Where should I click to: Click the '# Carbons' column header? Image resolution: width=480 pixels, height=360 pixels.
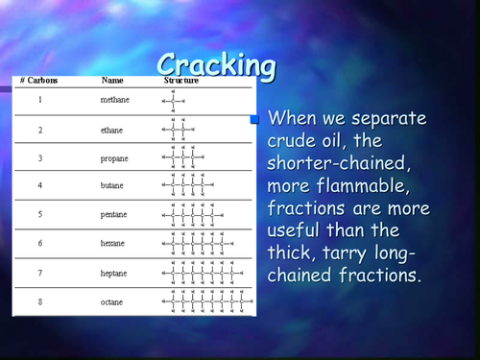pos(39,82)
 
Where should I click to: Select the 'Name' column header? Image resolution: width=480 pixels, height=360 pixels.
pos(112,82)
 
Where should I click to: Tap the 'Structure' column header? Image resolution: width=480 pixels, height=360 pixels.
pos(180,82)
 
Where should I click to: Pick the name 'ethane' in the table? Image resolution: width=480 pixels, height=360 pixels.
pos(113,129)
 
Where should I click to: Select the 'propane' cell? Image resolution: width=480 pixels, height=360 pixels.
pos(114,157)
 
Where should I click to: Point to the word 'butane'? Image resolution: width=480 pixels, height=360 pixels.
pos(113,185)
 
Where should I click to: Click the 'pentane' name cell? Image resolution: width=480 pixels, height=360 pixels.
pos(114,215)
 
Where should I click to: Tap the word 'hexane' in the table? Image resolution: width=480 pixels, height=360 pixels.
pos(113,244)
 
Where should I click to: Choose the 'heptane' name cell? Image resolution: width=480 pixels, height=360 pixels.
pos(114,273)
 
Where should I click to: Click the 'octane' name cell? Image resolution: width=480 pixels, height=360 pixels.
pos(113,301)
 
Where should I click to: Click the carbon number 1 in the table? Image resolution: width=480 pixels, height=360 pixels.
pos(39,100)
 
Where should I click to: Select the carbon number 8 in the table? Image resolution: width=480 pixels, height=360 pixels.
pos(39,301)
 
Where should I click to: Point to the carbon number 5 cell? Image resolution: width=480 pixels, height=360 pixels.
pos(39,215)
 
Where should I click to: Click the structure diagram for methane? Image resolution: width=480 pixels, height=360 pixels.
pos(174,100)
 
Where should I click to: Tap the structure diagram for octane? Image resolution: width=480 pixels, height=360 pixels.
pos(206,301)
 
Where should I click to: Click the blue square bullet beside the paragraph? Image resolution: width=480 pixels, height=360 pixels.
pos(256,120)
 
